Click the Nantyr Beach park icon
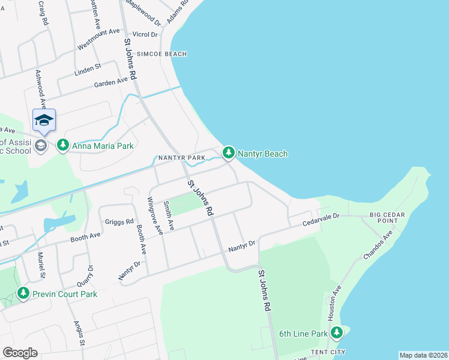click(x=228, y=154)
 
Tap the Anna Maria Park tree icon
click(x=63, y=145)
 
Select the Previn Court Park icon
click(x=23, y=294)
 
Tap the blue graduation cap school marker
click(x=44, y=121)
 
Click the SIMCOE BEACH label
click(x=161, y=54)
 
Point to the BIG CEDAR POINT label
click(x=391, y=217)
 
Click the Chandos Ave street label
click(x=378, y=245)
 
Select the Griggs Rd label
click(x=119, y=221)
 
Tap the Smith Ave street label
click(x=169, y=216)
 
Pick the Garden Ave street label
click(x=110, y=82)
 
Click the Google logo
click(x=20, y=353)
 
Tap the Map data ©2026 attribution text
click(x=423, y=355)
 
